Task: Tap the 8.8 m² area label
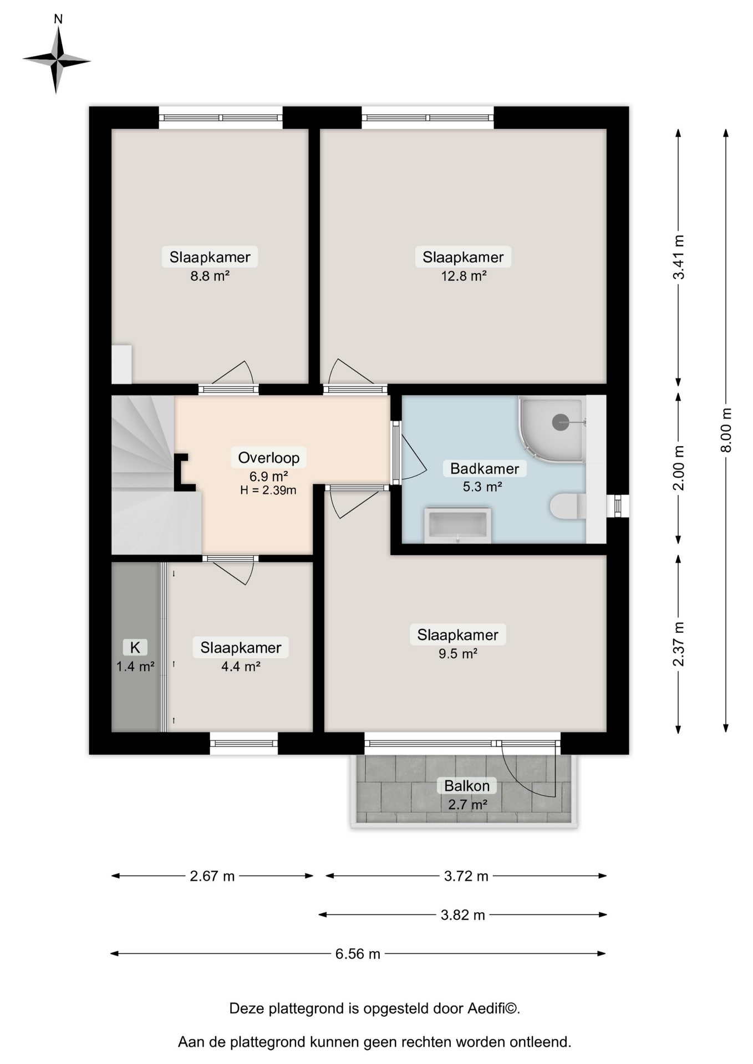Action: coord(210,276)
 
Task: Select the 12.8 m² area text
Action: coord(464,276)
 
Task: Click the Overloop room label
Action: coord(269,458)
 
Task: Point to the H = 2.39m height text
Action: coord(268,490)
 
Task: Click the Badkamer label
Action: coord(485,469)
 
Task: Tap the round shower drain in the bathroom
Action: coord(560,422)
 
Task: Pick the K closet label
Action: coord(135,647)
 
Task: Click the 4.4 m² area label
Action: coord(241,666)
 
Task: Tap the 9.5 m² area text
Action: coord(458,654)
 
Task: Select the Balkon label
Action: coord(467,786)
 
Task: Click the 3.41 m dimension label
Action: coord(679,257)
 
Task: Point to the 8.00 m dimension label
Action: coord(726,430)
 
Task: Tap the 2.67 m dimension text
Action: coord(212,876)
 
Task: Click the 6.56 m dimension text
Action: coord(358,954)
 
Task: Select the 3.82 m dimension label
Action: coord(463,915)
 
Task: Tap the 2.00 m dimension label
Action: coord(679,468)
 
